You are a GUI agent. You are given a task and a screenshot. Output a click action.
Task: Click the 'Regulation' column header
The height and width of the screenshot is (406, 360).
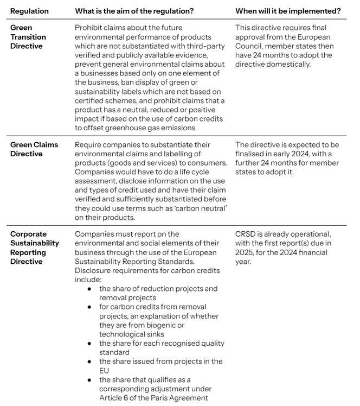tap(29, 11)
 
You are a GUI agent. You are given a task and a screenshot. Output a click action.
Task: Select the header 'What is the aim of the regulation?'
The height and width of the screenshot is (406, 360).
tap(143, 11)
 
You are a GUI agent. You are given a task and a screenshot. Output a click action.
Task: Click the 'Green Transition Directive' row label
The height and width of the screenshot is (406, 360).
tap(28, 37)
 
